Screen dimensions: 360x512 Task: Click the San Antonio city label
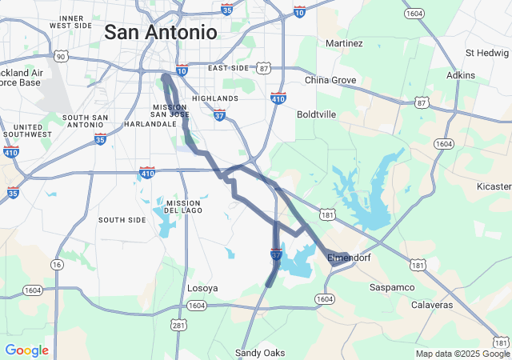click(x=161, y=33)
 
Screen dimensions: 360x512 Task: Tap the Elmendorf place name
click(x=350, y=257)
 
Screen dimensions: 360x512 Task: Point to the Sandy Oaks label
click(x=259, y=353)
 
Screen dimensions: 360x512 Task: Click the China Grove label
click(x=330, y=80)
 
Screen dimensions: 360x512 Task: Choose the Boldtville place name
click(x=316, y=114)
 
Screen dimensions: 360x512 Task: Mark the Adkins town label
click(x=460, y=75)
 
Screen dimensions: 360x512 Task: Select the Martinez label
click(x=344, y=43)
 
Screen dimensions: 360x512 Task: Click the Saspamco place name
click(x=391, y=286)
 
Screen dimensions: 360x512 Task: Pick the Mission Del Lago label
click(x=182, y=207)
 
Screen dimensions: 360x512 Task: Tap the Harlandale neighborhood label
click(x=150, y=124)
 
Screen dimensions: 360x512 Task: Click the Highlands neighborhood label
click(x=215, y=98)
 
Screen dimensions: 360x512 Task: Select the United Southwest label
click(x=28, y=131)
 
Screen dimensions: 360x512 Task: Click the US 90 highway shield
click(x=61, y=56)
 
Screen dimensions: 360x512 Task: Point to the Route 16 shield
click(x=56, y=264)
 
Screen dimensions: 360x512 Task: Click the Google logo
click(x=26, y=350)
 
